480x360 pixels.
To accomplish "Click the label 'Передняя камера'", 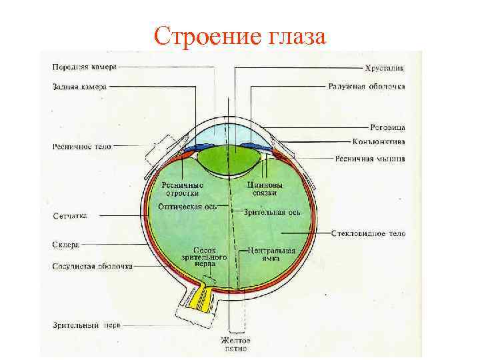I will (x=86, y=66).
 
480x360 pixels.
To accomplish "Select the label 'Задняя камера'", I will (x=80, y=85).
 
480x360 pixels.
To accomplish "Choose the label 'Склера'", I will (x=66, y=245).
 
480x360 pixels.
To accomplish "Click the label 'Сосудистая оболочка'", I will (x=92, y=265).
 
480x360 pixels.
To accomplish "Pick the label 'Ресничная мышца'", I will (x=369, y=159).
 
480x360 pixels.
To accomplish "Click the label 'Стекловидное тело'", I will (x=369, y=234).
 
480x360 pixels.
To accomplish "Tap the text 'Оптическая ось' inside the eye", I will (x=184, y=207).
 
